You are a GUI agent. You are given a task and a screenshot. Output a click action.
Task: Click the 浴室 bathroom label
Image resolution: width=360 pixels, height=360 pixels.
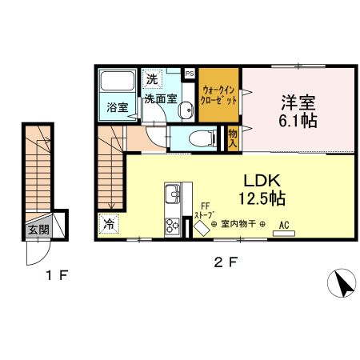point(117,106)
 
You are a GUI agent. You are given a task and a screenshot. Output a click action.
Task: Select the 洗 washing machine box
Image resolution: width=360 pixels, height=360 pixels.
point(152,80)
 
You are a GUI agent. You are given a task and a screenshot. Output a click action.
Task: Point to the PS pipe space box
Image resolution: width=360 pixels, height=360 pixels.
point(190,73)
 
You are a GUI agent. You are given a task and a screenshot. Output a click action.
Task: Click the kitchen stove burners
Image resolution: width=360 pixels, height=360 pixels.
point(173,226)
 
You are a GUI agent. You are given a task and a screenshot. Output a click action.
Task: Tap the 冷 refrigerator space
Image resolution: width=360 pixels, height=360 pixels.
point(107,225)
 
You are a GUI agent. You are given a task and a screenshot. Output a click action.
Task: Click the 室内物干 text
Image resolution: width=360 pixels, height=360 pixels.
point(238,224)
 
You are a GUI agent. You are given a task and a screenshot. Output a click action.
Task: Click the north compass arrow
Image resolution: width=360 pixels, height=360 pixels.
point(342,282)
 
